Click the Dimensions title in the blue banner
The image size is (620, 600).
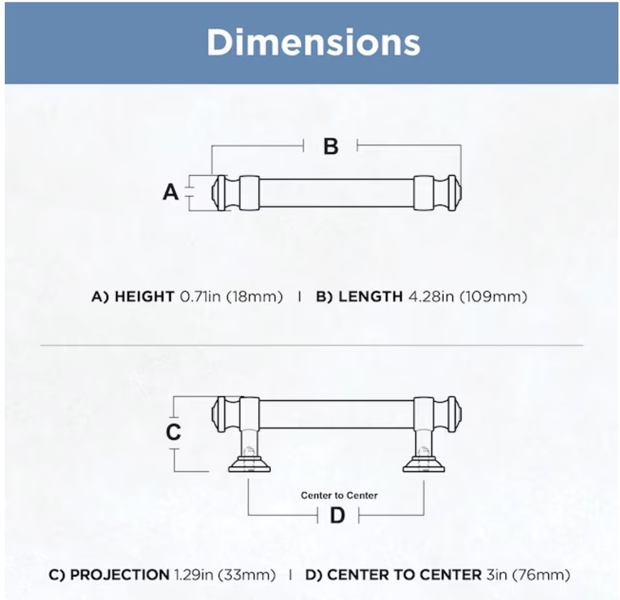(313, 42)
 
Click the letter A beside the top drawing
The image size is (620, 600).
(171, 193)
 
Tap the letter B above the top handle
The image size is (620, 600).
(331, 146)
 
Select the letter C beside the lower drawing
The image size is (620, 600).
(173, 432)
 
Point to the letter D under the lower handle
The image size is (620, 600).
(337, 516)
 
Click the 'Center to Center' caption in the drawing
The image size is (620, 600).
(339, 496)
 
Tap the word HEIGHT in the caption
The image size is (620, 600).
(144, 297)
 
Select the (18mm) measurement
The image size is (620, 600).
(255, 297)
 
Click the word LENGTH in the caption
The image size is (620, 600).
(371, 297)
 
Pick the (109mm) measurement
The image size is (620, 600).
(494, 297)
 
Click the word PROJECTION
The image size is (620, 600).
(120, 575)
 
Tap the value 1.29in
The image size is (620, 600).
(193, 575)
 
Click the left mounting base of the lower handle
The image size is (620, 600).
(249, 464)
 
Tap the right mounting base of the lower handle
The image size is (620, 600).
(423, 464)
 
